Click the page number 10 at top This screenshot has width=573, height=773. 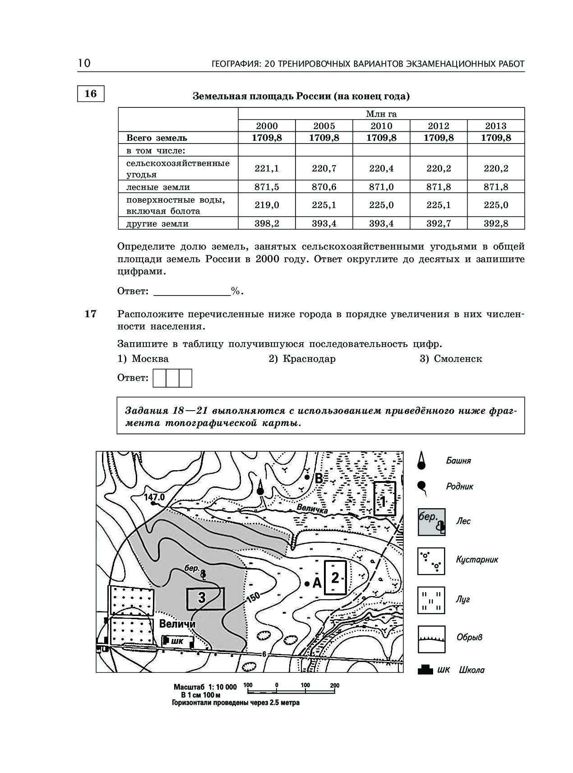tap(84, 63)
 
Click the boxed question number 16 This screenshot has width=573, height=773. tap(91, 93)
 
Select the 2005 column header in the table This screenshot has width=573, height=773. tap(324, 126)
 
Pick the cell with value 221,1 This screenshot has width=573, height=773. tap(267, 168)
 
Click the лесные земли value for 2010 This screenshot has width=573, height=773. tap(381, 187)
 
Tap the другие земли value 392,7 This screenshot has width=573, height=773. tap(439, 223)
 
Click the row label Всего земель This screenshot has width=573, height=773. tap(157, 138)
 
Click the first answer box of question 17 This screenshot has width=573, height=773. tap(160, 378)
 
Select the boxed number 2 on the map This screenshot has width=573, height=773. tap(335, 578)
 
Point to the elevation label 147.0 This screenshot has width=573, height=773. tap(154, 497)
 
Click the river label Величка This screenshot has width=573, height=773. tap(311, 509)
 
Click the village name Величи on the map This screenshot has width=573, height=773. tap(177, 624)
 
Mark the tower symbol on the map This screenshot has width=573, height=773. tap(260, 488)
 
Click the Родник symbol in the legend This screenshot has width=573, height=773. tap(422, 486)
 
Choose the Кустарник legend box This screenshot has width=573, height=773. tap(431, 561)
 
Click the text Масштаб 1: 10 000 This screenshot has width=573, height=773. tap(205, 687)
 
